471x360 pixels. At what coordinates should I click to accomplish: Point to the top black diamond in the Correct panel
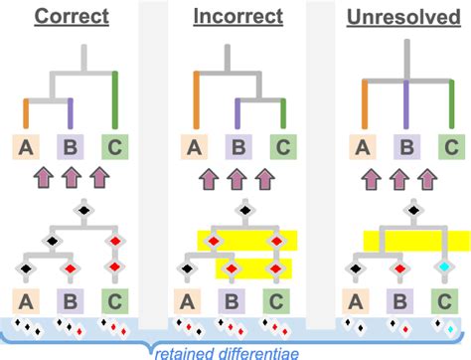coord(83,211)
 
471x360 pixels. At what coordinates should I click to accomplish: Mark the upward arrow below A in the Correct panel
coord(45,179)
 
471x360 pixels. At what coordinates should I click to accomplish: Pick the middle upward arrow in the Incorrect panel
coord(235,179)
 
